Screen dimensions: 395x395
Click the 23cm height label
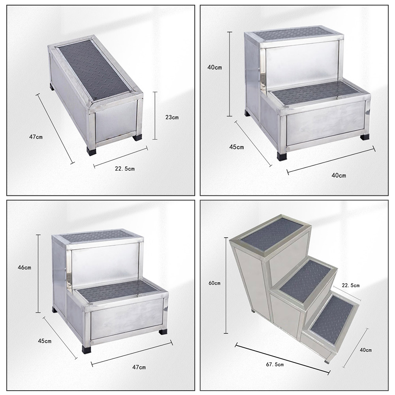[x=172, y=117]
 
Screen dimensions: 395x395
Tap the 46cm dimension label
[x=24, y=267]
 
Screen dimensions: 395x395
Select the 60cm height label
[x=214, y=283]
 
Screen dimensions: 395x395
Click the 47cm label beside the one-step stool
[x=36, y=137]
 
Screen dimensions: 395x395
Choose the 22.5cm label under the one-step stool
[x=125, y=169]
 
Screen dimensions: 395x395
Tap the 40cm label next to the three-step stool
[x=366, y=350]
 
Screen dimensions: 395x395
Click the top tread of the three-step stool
[x=271, y=234]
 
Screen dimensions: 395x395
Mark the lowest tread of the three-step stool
[x=333, y=319]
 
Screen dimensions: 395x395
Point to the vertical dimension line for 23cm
[x=155, y=115]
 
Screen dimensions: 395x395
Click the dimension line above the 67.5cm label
[x=282, y=358]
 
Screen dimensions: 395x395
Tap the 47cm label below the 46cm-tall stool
[x=139, y=367]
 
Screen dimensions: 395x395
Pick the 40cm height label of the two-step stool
[x=214, y=67]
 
